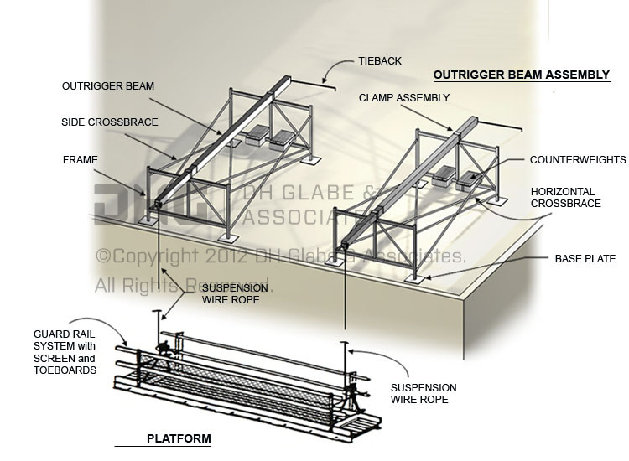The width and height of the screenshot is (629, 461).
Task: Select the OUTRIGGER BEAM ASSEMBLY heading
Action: [521, 75]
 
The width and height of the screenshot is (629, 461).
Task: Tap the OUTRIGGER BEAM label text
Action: [107, 86]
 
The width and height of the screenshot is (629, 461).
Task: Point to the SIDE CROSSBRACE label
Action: [109, 122]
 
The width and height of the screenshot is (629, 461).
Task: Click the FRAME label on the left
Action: [80, 158]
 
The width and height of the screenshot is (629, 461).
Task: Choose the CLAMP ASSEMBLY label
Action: [404, 98]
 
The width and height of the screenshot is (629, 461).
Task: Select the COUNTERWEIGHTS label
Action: [578, 159]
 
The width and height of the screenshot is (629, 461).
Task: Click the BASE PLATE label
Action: [585, 259]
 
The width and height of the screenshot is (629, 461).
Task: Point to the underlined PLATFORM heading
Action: [179, 438]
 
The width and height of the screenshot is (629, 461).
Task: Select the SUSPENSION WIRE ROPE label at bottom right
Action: [424, 394]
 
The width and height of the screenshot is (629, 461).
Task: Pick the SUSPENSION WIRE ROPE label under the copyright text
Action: [235, 295]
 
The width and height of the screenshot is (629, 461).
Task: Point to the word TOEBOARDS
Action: [65, 370]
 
